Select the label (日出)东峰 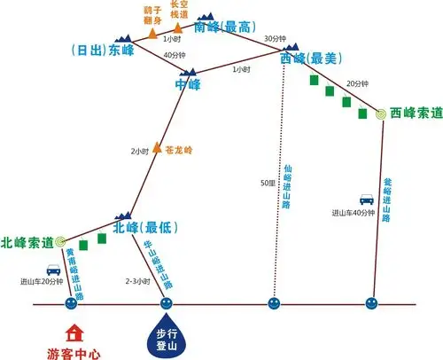pos(100,50)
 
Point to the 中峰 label pos(189,85)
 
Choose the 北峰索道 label pos(27,241)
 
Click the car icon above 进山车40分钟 pos(366,200)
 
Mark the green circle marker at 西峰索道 pos(380,113)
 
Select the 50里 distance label pos(267,183)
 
